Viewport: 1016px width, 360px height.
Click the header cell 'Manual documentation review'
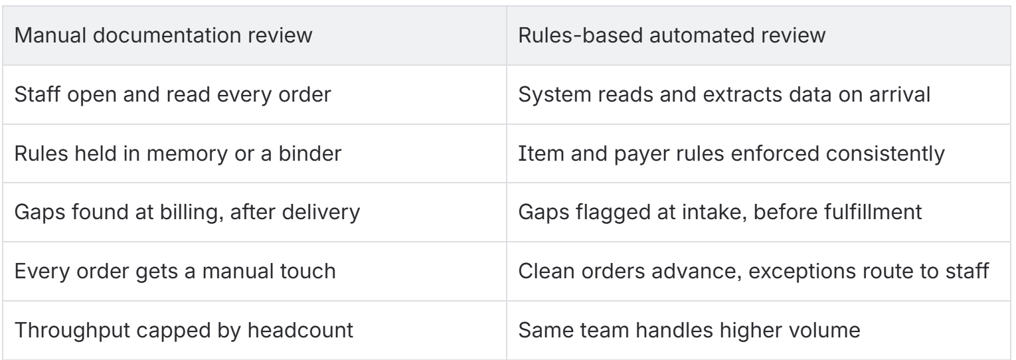pos(254,35)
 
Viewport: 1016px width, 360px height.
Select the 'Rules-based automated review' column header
pos(758,35)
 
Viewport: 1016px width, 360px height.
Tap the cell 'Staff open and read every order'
pos(254,94)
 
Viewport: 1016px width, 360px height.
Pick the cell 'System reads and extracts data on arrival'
pos(758,94)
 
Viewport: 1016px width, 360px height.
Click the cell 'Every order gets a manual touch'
pos(254,271)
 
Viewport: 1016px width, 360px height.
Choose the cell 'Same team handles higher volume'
pos(758,330)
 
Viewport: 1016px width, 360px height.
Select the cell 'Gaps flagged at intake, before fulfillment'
pos(758,212)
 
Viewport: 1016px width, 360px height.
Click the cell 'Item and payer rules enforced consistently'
pos(758,153)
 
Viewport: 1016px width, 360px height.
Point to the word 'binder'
pos(310,153)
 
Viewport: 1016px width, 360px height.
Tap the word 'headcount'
pos(300,330)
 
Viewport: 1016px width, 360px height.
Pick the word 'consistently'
pos(885,154)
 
